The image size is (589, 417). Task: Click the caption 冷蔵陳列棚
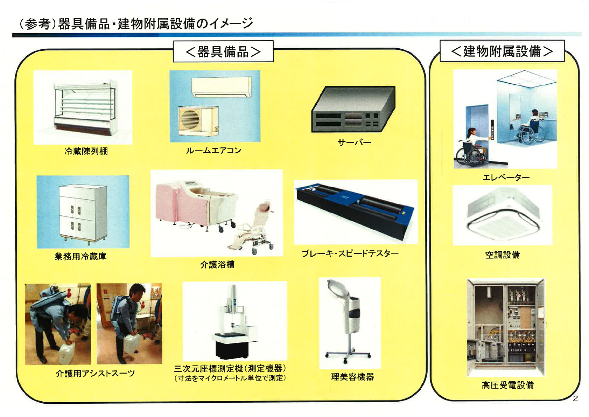[x=86, y=151]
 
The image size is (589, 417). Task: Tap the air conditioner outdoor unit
[x=198, y=120]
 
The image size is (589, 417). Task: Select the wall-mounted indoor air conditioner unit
[x=221, y=87]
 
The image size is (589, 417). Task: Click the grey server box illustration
[x=353, y=109]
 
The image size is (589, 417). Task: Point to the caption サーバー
[x=354, y=143]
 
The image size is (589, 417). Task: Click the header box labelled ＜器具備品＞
[x=223, y=51]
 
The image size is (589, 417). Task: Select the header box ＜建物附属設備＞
[x=502, y=51]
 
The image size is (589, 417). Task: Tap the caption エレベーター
[x=506, y=177]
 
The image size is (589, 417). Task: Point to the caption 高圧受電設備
[x=507, y=385]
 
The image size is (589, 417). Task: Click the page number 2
[x=575, y=398]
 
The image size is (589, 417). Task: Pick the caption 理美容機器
[x=352, y=377]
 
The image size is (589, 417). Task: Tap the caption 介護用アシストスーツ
[x=95, y=373]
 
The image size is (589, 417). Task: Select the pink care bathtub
[x=196, y=205]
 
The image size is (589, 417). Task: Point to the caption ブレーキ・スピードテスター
[x=350, y=253]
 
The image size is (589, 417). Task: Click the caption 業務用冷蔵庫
[x=80, y=256]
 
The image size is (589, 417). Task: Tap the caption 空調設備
[x=502, y=255]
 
